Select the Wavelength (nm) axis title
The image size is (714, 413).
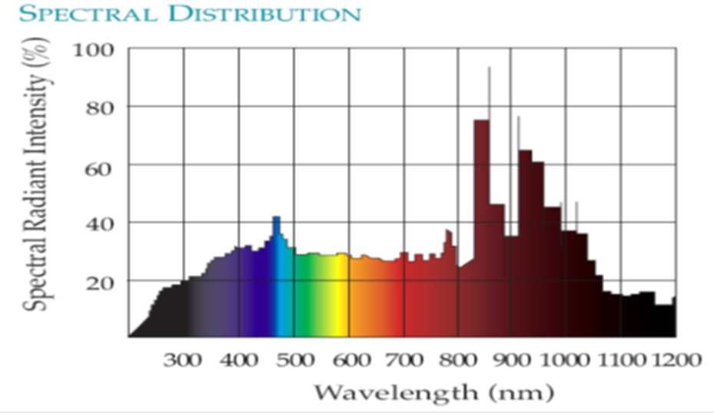tap(432, 393)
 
